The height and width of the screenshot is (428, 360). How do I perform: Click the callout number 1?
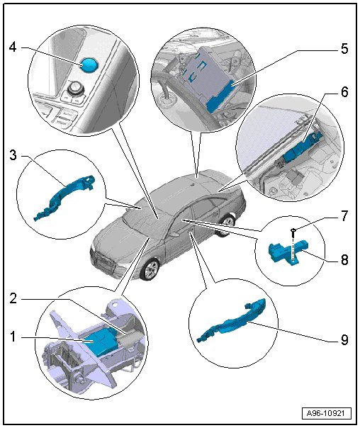click(13, 337)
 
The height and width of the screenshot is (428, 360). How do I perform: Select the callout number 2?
click(13, 298)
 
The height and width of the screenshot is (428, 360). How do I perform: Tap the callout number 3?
click(13, 156)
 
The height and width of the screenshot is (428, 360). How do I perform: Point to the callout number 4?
click(13, 47)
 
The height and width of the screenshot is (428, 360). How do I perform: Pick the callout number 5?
click(344, 49)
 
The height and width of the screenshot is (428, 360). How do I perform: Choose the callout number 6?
click(344, 92)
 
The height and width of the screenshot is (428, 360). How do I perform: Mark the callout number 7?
click(344, 215)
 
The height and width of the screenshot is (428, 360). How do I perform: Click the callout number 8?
click(344, 259)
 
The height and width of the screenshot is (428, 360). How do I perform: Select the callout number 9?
click(344, 339)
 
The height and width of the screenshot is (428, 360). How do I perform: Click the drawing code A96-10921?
click(327, 413)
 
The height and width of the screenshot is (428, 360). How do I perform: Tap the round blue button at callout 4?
click(89, 65)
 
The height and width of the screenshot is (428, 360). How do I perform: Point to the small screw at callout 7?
click(293, 233)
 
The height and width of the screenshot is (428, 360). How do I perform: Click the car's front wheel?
click(150, 270)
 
